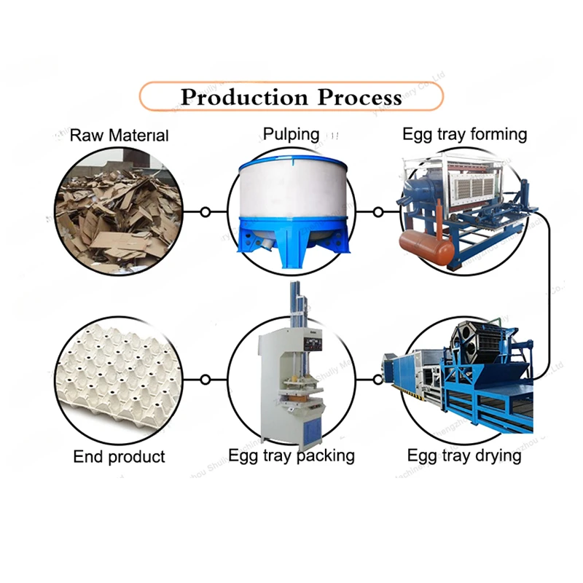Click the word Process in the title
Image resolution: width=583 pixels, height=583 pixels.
pyautogui.click(x=360, y=97)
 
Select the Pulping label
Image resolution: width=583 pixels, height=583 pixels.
pyautogui.click(x=291, y=134)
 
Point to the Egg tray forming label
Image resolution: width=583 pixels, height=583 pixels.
pyautogui.click(x=464, y=134)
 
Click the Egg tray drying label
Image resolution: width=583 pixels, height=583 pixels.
pyautogui.click(x=464, y=456)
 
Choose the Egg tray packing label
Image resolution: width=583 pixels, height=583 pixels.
pyautogui.click(x=291, y=456)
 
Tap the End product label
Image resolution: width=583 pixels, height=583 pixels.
pyautogui.click(x=119, y=458)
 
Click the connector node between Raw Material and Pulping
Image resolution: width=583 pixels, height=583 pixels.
pyautogui.click(x=206, y=212)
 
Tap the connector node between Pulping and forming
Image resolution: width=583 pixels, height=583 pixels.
pyautogui.click(x=377, y=212)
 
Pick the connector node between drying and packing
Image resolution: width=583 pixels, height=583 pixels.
pyautogui.click(x=377, y=379)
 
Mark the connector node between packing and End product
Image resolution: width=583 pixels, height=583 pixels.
pyautogui.click(x=206, y=379)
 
